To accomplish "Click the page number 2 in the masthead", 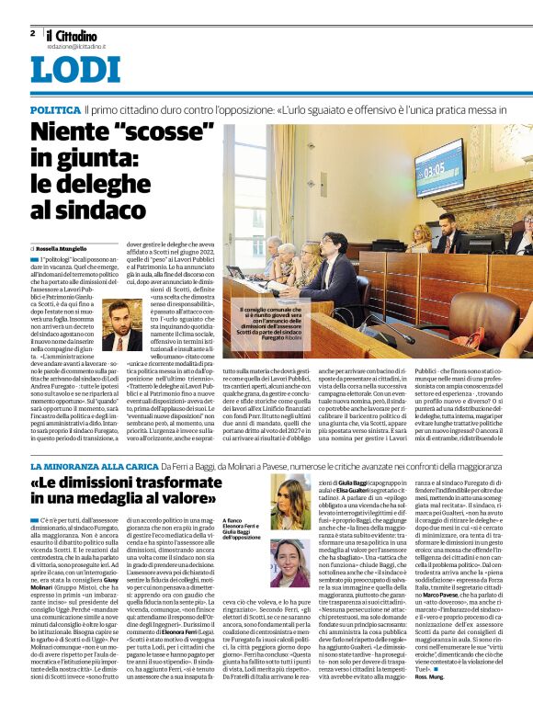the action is pyautogui.click(x=33, y=33).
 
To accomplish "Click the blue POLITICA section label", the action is pyautogui.click(x=53, y=108).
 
